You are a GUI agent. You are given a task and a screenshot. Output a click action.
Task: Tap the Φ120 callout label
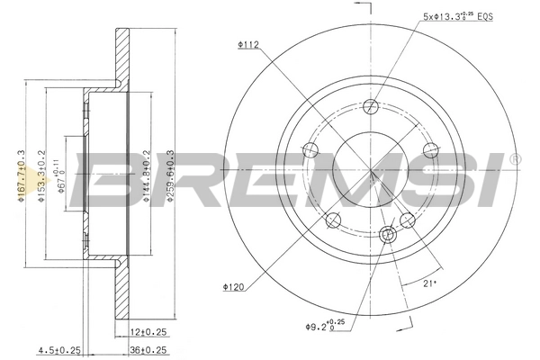pyautogui.click(x=233, y=288)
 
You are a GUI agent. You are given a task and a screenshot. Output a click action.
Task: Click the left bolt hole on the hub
pyautogui.click(x=310, y=149)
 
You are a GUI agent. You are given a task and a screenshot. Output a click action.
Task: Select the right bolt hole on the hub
pyautogui.click(x=429, y=149)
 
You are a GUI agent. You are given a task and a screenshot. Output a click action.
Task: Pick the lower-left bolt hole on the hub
pyautogui.click(x=333, y=220)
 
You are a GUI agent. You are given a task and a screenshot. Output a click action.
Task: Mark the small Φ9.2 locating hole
pyautogui.click(x=388, y=235)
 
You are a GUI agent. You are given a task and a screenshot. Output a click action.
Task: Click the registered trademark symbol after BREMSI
pyautogui.click(x=514, y=160)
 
